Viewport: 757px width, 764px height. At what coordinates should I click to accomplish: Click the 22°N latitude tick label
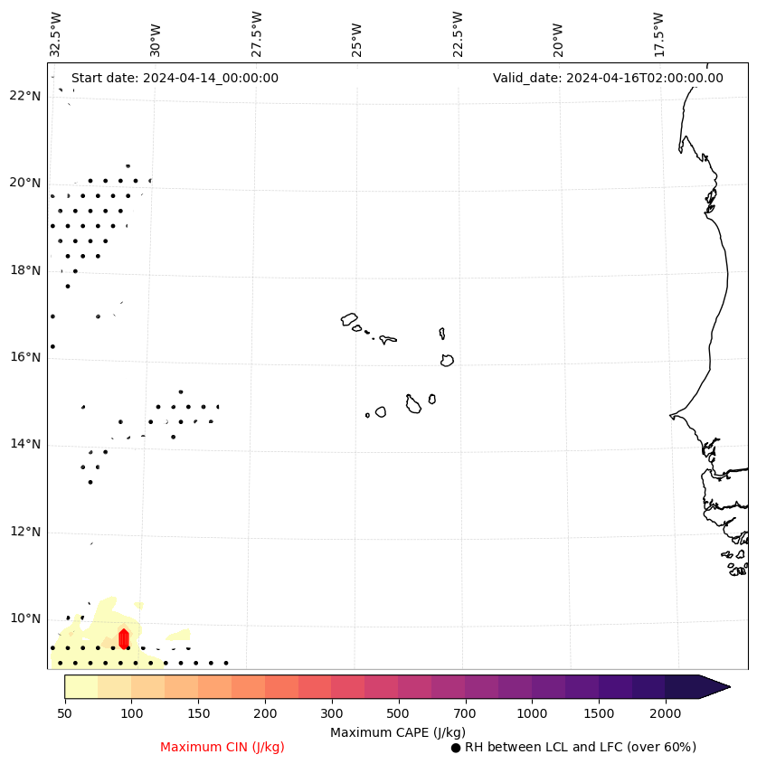(25, 96)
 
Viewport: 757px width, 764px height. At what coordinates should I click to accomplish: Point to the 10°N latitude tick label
(25, 619)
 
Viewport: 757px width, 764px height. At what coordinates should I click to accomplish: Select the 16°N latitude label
(25, 357)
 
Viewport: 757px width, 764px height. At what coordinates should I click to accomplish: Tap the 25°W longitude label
(357, 33)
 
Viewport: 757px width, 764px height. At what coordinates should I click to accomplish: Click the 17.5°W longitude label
(658, 33)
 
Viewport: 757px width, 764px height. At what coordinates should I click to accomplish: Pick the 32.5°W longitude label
(56, 33)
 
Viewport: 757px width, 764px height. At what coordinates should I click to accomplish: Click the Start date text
(175, 78)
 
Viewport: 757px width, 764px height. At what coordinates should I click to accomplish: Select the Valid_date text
(608, 78)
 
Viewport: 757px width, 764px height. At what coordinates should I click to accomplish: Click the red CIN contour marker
(124, 638)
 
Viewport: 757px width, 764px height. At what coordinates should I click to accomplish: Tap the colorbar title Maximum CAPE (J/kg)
(398, 732)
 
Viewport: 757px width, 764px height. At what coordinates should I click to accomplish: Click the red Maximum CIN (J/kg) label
(222, 748)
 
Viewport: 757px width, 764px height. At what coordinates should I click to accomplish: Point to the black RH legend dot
(456, 748)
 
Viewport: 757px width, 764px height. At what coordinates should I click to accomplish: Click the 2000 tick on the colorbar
(666, 714)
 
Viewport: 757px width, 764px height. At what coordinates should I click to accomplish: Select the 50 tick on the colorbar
(64, 714)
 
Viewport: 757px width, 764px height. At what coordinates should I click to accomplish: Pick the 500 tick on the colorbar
(398, 714)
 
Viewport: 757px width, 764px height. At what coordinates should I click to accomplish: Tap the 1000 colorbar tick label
(532, 714)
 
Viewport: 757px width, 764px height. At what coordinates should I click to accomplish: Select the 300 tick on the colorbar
(331, 714)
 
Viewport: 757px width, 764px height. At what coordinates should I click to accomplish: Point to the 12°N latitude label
(25, 532)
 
